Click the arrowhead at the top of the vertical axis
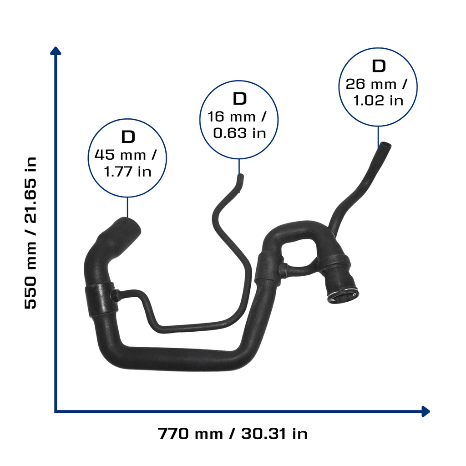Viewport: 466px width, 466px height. click(56, 51)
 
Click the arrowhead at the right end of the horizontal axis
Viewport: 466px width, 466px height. click(426, 411)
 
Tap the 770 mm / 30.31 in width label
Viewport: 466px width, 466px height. click(233, 434)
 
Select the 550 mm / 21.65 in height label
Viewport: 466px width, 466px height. click(30, 233)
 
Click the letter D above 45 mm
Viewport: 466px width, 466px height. click(128, 137)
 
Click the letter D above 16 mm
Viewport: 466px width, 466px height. click(239, 99)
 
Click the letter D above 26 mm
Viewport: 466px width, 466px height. click(379, 66)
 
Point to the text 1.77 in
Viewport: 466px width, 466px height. click(128, 172)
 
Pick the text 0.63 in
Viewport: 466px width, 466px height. click(239, 133)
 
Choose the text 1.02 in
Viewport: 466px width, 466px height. click(378, 101)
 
